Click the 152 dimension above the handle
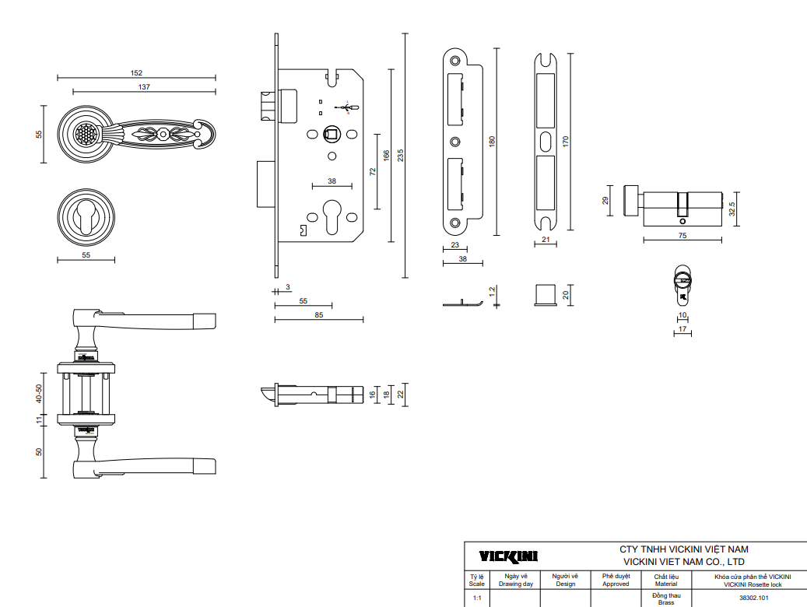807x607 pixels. (x=136, y=73)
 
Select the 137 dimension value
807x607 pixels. (x=144, y=87)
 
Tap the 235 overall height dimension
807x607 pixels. (x=401, y=156)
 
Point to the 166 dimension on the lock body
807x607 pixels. (x=387, y=156)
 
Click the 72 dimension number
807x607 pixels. (x=373, y=171)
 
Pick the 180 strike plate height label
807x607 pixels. (x=492, y=142)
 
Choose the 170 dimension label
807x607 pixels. (x=566, y=142)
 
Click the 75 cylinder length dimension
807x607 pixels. (x=682, y=235)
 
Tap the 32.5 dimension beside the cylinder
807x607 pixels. (x=732, y=209)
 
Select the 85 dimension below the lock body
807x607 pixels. (x=319, y=315)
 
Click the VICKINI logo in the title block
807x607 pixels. (x=508, y=556)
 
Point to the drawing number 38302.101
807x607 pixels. (x=754, y=598)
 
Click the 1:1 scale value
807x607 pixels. (x=477, y=598)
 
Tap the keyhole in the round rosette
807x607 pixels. (x=86, y=216)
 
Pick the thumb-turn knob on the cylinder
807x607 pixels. (x=630, y=200)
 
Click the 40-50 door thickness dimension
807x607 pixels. (x=39, y=393)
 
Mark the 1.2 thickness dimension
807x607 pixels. (x=492, y=292)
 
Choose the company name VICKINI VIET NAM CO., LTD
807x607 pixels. (x=684, y=562)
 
